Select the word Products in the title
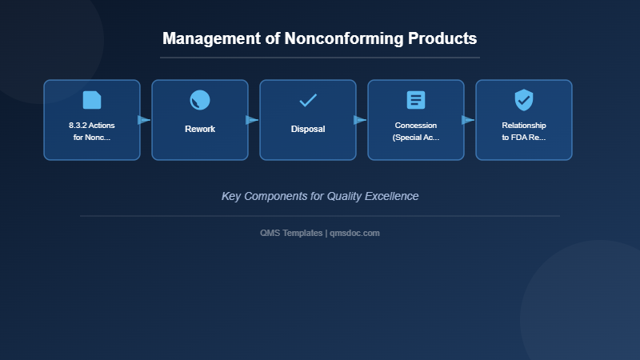[x=442, y=38]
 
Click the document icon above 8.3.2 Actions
[x=92, y=100]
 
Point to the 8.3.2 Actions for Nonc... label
[x=91, y=131]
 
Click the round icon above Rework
[x=200, y=100]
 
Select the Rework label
[x=200, y=129]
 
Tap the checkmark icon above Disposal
[x=308, y=100]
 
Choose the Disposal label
[x=308, y=129]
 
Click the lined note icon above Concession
[x=416, y=100]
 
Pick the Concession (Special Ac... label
[x=416, y=131]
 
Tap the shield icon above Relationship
[x=524, y=100]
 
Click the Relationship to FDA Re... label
[x=524, y=131]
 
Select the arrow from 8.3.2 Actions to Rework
[x=145, y=120]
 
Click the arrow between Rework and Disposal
[x=253, y=120]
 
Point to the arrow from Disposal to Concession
[x=361, y=120]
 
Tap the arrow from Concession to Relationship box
[x=469, y=120]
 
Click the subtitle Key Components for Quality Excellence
[x=320, y=196]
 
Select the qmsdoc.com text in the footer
[x=354, y=233]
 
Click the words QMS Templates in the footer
[x=291, y=233]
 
